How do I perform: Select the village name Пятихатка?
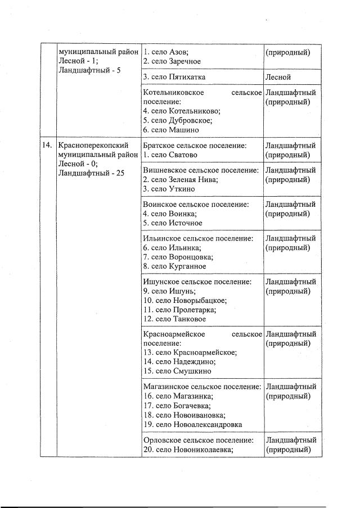coord(187,77)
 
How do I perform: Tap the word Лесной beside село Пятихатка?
coord(279,77)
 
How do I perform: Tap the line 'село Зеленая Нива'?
coord(180,180)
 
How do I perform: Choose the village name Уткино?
coord(181,189)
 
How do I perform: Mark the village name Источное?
coord(185,223)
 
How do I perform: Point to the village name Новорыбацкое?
coord(199,300)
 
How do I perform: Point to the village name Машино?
coord(183,129)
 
